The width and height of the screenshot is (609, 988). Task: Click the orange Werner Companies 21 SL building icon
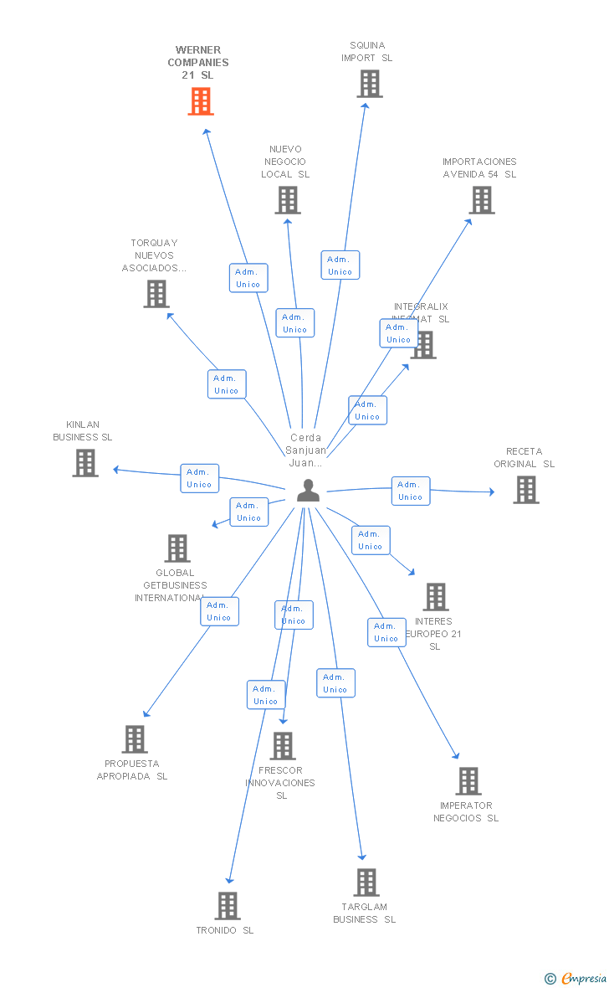(201, 101)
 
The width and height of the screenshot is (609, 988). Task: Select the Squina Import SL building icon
(370, 84)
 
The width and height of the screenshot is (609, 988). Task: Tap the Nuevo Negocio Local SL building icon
(288, 200)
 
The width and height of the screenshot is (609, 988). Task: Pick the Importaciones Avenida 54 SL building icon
(482, 200)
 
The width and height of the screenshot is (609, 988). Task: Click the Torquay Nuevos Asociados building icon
(156, 294)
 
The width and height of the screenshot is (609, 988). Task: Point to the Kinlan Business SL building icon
(84, 463)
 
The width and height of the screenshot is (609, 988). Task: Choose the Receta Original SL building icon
(525, 490)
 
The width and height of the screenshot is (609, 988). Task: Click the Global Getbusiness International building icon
(177, 548)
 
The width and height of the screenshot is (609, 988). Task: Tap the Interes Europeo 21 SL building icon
(436, 597)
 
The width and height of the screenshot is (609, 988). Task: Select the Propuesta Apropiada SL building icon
(135, 739)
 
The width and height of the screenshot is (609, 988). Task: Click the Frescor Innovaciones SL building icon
(283, 745)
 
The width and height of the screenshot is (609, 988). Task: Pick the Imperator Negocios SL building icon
(468, 781)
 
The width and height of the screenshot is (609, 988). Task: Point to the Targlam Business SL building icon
(366, 883)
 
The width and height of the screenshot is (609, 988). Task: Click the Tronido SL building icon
(228, 906)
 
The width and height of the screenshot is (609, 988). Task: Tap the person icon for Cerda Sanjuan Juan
(308, 491)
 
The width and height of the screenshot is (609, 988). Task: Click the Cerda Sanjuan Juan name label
(305, 450)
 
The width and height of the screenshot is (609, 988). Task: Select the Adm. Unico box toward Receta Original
(410, 491)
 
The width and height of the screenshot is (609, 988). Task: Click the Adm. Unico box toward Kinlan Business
(199, 478)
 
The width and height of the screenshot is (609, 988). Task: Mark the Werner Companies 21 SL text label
(198, 63)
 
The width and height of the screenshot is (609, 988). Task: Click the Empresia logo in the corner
(576, 978)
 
